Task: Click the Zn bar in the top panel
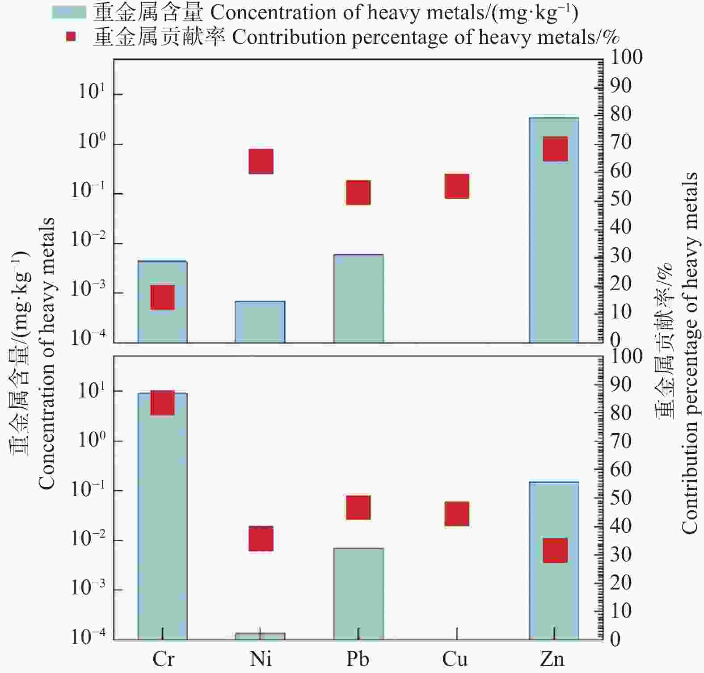554,230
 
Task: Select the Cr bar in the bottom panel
162,516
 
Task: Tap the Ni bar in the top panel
260,322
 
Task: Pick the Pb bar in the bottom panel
358,594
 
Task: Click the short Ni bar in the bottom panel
260,636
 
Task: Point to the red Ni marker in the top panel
261,161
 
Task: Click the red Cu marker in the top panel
457,186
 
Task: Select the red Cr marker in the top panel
162,297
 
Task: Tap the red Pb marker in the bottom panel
358,507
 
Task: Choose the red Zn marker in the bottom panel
555,550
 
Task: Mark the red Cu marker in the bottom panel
457,514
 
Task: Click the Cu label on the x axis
455,659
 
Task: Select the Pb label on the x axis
358,659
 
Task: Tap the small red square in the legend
71,37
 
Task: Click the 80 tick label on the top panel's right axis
621,114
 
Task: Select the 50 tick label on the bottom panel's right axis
621,497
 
